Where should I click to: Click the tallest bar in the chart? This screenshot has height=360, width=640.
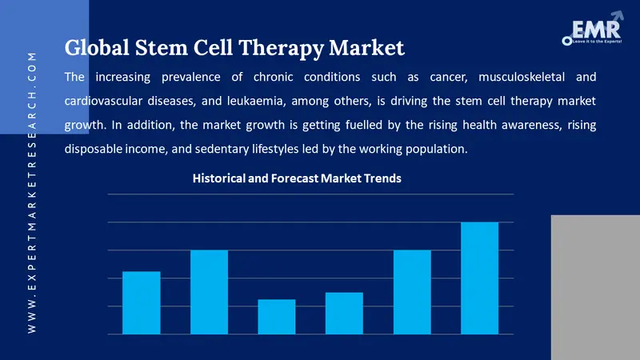point(480,278)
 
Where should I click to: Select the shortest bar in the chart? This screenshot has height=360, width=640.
point(277,316)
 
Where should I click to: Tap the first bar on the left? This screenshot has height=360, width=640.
point(141,302)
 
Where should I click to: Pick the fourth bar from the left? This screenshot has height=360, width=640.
point(344,313)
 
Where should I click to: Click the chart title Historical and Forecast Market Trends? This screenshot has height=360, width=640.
point(297,179)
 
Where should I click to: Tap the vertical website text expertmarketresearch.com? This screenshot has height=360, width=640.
point(32,192)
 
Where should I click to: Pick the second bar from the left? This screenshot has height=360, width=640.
point(209,292)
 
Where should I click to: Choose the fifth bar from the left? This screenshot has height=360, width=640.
point(412,292)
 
